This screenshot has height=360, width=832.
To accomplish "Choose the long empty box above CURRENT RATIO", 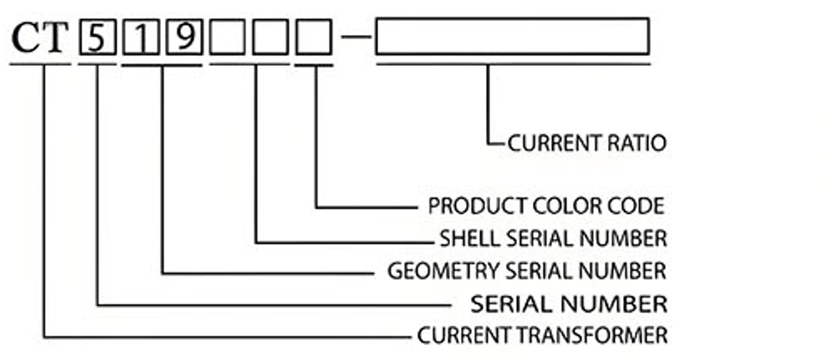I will [512, 38].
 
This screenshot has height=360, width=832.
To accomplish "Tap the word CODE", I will [637, 207].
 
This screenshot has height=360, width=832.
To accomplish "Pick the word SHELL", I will [469, 237].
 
